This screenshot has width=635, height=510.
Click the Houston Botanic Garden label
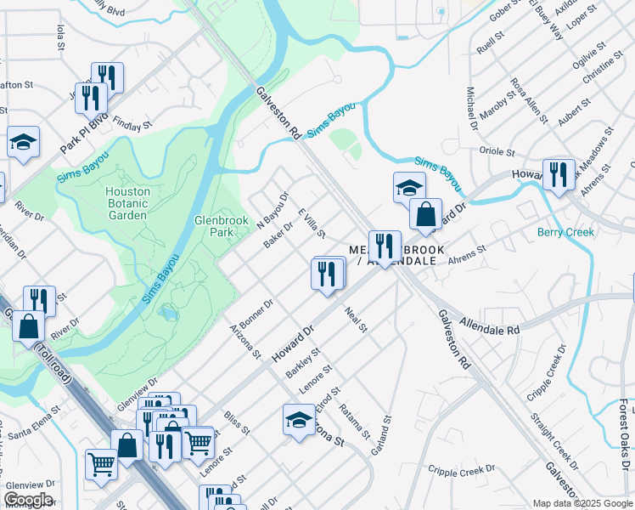point(127,203)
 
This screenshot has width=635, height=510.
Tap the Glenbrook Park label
point(213,225)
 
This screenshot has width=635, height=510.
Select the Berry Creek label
point(565,232)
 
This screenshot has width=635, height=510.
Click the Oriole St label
point(497,152)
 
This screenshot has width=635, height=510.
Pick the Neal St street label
point(356,320)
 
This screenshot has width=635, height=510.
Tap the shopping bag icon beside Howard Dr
point(425,214)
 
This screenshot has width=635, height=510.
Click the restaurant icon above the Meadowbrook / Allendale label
point(385,246)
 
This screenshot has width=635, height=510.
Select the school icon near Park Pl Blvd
point(23,143)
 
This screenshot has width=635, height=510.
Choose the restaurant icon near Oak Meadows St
point(558,175)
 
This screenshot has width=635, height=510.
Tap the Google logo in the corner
point(27,500)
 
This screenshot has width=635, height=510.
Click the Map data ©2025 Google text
point(582,503)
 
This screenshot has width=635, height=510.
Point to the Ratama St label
point(354,421)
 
